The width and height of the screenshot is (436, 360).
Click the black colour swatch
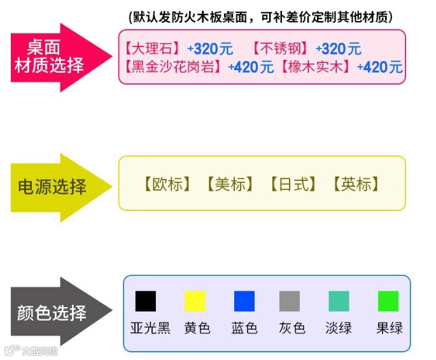[x=146, y=301]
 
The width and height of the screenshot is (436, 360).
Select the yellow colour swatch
[x=195, y=301]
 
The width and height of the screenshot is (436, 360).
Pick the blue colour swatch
[x=244, y=301]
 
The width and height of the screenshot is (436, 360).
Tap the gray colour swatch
[x=290, y=301]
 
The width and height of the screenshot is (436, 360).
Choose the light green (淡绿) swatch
[x=339, y=301]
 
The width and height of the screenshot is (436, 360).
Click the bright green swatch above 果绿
[x=388, y=301]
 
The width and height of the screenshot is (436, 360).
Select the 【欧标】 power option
[x=167, y=185]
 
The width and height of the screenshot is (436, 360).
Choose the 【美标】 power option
[x=229, y=185]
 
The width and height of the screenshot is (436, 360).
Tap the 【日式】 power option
[x=292, y=185]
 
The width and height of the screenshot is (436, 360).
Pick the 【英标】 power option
[x=356, y=185]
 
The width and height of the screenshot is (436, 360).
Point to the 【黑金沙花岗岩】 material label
[x=173, y=66]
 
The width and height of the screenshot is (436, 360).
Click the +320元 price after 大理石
[x=210, y=48]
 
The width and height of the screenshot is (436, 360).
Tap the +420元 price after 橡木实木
[x=380, y=66]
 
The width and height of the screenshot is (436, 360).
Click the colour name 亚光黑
[x=150, y=328]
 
